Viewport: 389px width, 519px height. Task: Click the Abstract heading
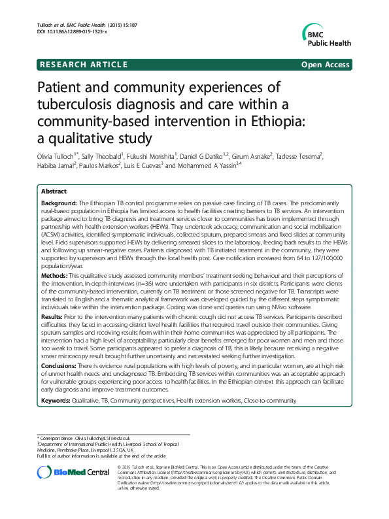(54, 192)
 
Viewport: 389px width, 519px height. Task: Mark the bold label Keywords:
(57, 399)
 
